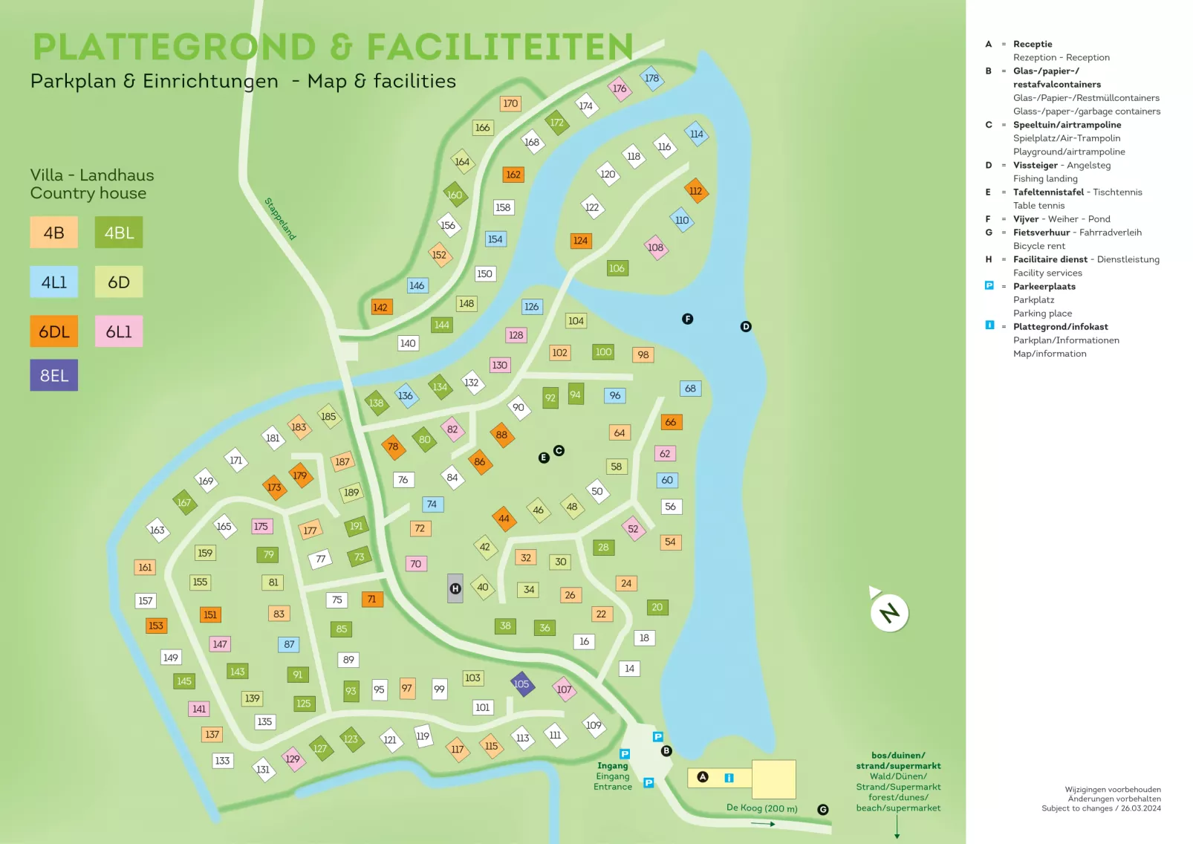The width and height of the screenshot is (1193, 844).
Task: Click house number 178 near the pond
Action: (651, 78)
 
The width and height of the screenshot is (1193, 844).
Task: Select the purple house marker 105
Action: (521, 684)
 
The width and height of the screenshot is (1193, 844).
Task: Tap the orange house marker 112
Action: (695, 191)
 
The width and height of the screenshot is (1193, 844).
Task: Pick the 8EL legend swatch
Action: (53, 375)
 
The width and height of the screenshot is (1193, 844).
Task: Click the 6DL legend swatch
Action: (53, 331)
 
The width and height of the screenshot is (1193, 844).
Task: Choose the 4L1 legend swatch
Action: (53, 282)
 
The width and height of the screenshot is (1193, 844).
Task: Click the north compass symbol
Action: (888, 612)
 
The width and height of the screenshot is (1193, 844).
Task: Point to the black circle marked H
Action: (455, 588)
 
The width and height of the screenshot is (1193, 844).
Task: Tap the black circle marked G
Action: (823, 810)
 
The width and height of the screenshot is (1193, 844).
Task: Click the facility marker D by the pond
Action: (746, 326)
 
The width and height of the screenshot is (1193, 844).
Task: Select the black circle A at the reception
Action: (703, 777)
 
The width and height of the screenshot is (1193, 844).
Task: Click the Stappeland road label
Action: (280, 218)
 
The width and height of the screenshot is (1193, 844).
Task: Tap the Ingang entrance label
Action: (613, 766)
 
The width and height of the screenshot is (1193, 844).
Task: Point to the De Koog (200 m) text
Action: (761, 808)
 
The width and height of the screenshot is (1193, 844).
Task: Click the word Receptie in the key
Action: (1033, 44)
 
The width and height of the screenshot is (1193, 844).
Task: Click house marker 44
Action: (504, 519)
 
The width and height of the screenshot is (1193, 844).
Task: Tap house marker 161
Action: (145, 567)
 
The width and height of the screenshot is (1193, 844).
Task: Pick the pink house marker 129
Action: (293, 759)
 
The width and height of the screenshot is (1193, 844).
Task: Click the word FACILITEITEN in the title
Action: (500, 47)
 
